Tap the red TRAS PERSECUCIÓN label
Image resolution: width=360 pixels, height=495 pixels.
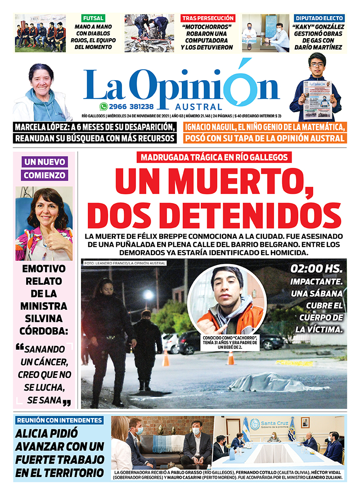(x=208, y=18)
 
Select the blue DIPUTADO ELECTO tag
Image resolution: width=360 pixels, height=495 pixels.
(x=319, y=18)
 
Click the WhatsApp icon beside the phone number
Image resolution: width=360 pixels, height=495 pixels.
(x=104, y=107)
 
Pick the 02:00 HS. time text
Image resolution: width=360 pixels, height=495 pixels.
(x=317, y=269)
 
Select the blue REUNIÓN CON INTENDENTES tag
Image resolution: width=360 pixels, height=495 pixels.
(x=58, y=420)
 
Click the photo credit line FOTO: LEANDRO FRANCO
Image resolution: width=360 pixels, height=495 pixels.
(x=125, y=263)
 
